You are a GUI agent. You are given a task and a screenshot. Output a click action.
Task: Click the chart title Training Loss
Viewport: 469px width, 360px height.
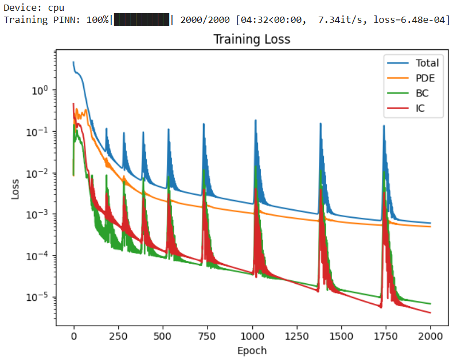(x=252, y=40)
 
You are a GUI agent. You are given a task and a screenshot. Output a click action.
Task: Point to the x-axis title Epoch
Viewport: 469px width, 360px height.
(x=252, y=350)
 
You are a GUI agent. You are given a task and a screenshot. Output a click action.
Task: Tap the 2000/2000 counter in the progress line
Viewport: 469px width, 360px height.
(x=204, y=20)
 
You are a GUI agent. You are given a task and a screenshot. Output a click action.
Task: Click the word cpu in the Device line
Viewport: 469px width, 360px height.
(x=56, y=8)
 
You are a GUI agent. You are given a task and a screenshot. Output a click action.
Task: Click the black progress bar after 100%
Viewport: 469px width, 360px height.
(x=142, y=20)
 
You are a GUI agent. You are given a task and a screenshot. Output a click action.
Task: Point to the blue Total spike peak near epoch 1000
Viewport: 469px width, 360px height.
(x=255, y=121)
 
